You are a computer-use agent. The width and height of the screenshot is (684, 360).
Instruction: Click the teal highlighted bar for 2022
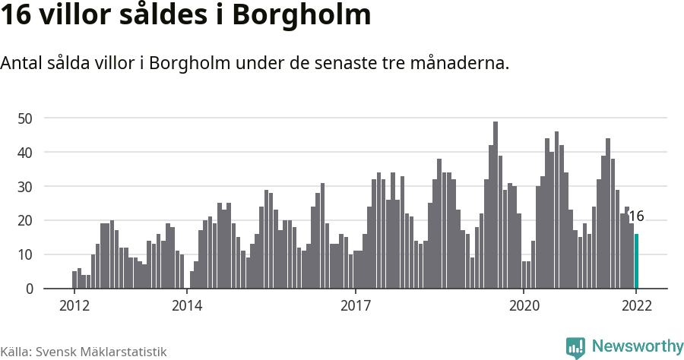pos(636,261)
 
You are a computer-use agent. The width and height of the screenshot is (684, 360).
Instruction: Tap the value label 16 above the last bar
pos(636,216)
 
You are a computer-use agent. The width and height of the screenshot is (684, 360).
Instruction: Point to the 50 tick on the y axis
pos(25,118)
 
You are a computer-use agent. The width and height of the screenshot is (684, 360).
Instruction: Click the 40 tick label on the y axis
pos(25,153)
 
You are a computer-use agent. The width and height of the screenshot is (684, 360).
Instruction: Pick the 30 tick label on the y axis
pos(25,187)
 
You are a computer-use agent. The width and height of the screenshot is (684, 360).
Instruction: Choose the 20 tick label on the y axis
pos(25,221)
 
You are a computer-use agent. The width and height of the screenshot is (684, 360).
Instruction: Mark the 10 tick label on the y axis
pos(25,255)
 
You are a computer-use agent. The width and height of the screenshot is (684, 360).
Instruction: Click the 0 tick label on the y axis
pos(29,289)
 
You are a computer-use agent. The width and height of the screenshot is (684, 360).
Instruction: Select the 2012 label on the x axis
pos(74,306)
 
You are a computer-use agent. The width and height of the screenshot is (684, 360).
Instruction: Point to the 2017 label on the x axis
pos(355,306)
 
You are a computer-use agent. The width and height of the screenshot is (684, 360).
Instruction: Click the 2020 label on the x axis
pos(524,306)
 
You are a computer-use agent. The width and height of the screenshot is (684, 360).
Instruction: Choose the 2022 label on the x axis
pos(636,306)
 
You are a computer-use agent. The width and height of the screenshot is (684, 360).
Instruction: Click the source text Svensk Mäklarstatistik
pos(101,352)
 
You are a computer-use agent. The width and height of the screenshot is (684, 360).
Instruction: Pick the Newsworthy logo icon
pos(575,348)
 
